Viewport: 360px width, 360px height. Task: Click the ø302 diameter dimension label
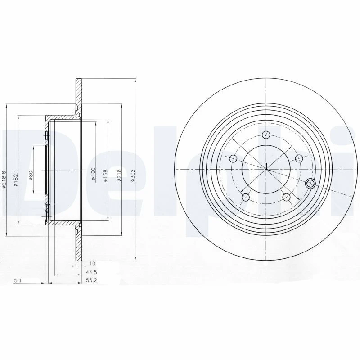(132, 175)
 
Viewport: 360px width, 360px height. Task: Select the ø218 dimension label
(119, 175)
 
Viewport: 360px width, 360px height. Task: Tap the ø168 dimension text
(105, 175)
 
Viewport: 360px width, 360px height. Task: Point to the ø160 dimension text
(93, 174)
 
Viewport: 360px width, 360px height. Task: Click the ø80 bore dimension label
(31, 175)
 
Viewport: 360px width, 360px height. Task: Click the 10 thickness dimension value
(93, 264)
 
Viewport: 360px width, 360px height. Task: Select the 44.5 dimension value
(92, 272)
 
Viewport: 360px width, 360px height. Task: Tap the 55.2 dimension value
(92, 280)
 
